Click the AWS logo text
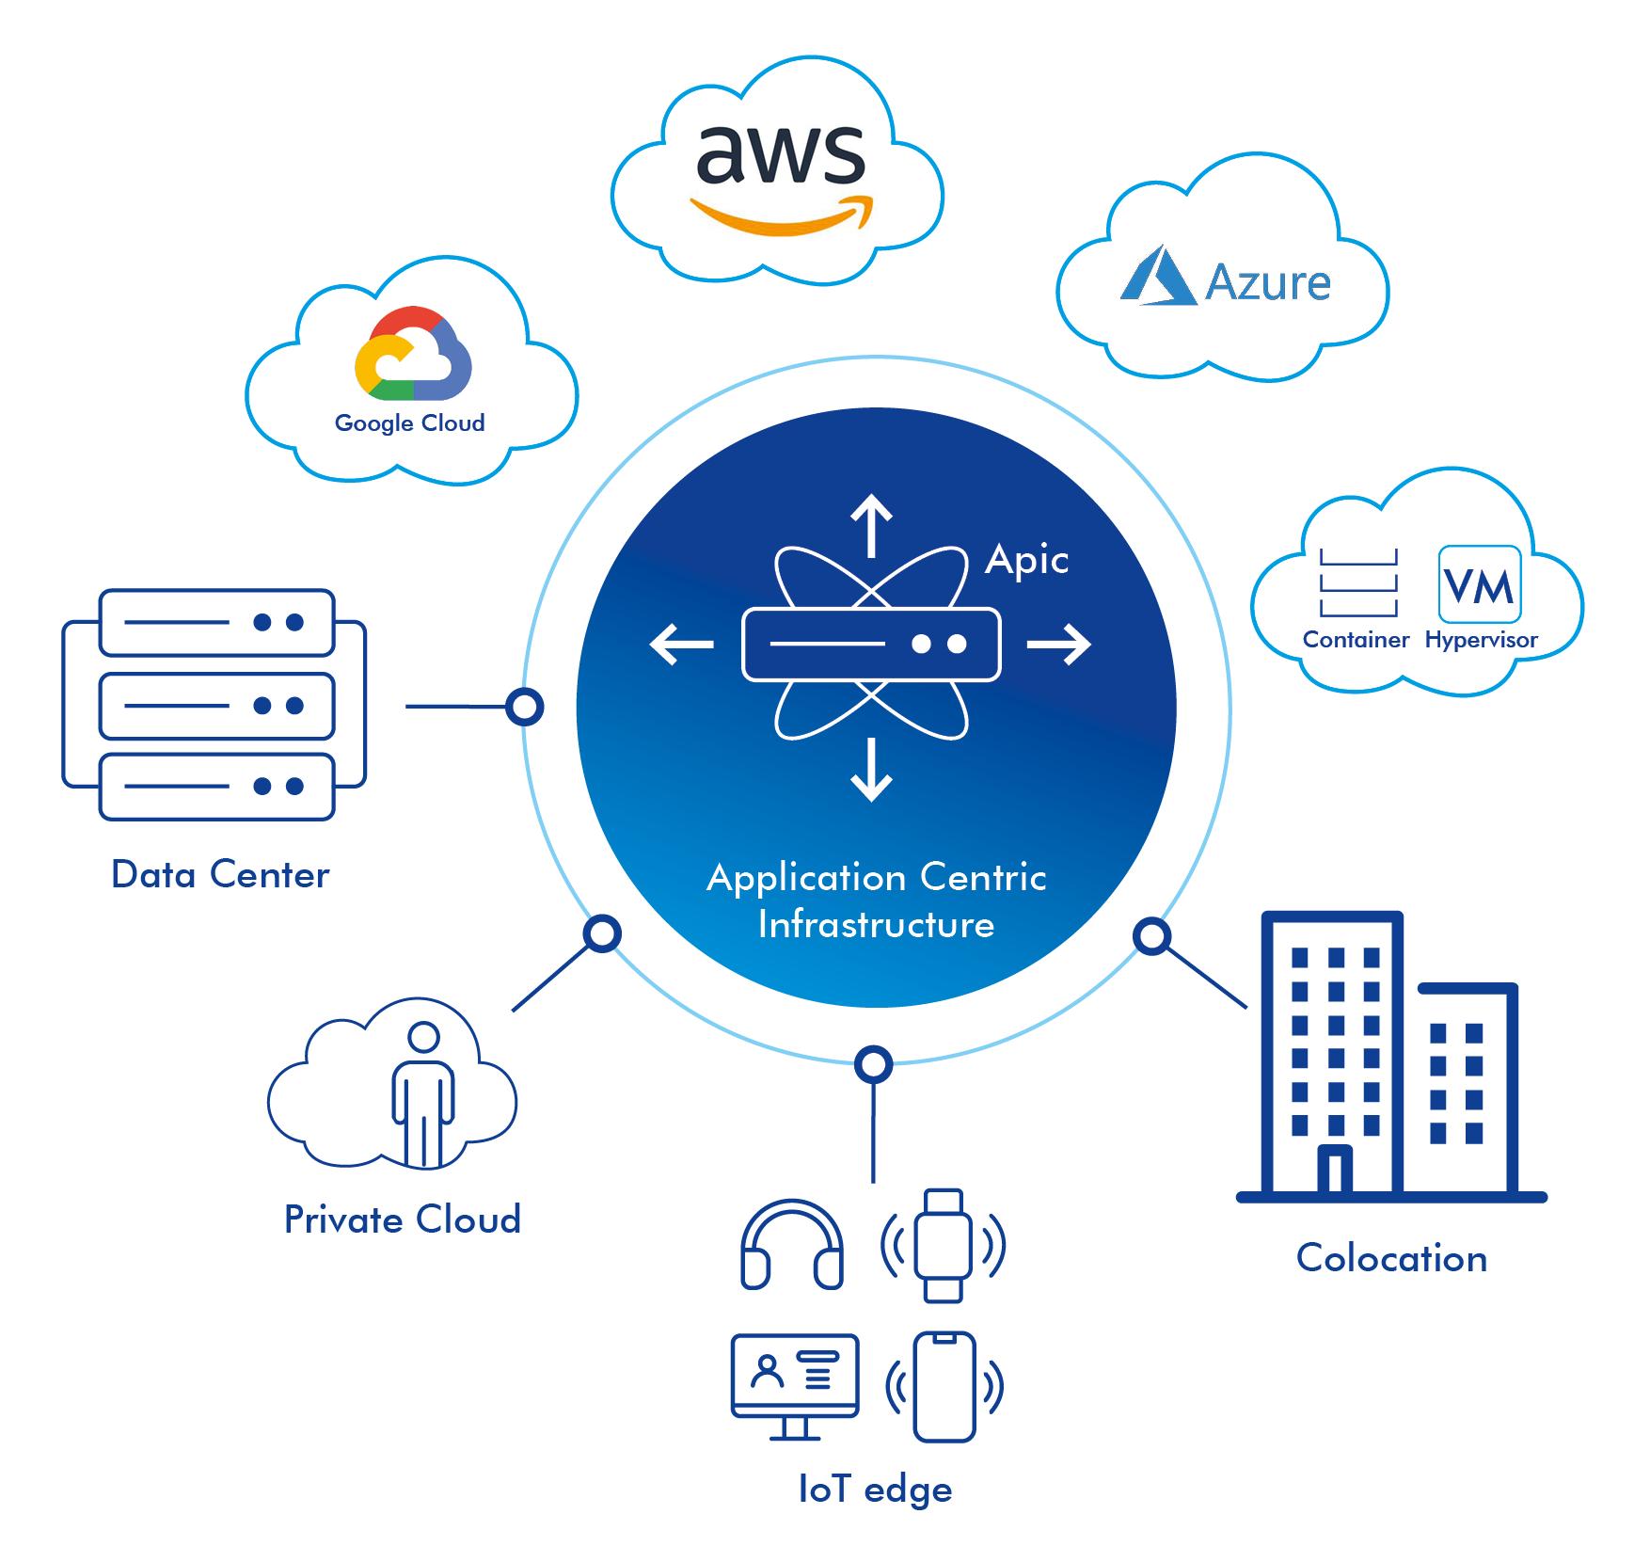tap(781, 154)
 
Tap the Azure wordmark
tap(1268, 281)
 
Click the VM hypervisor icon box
tap(1480, 583)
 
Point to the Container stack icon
tap(1358, 582)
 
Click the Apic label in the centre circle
tap(1026, 561)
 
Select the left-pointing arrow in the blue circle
tap(682, 645)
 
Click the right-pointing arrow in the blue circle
tap(1059, 645)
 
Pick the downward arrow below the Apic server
tap(871, 770)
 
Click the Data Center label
tap(220, 875)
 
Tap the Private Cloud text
tap(403, 1219)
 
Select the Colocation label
tap(1391, 1258)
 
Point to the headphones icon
tap(792, 1244)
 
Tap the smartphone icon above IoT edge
tap(944, 1386)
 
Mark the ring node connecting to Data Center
tap(524, 706)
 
